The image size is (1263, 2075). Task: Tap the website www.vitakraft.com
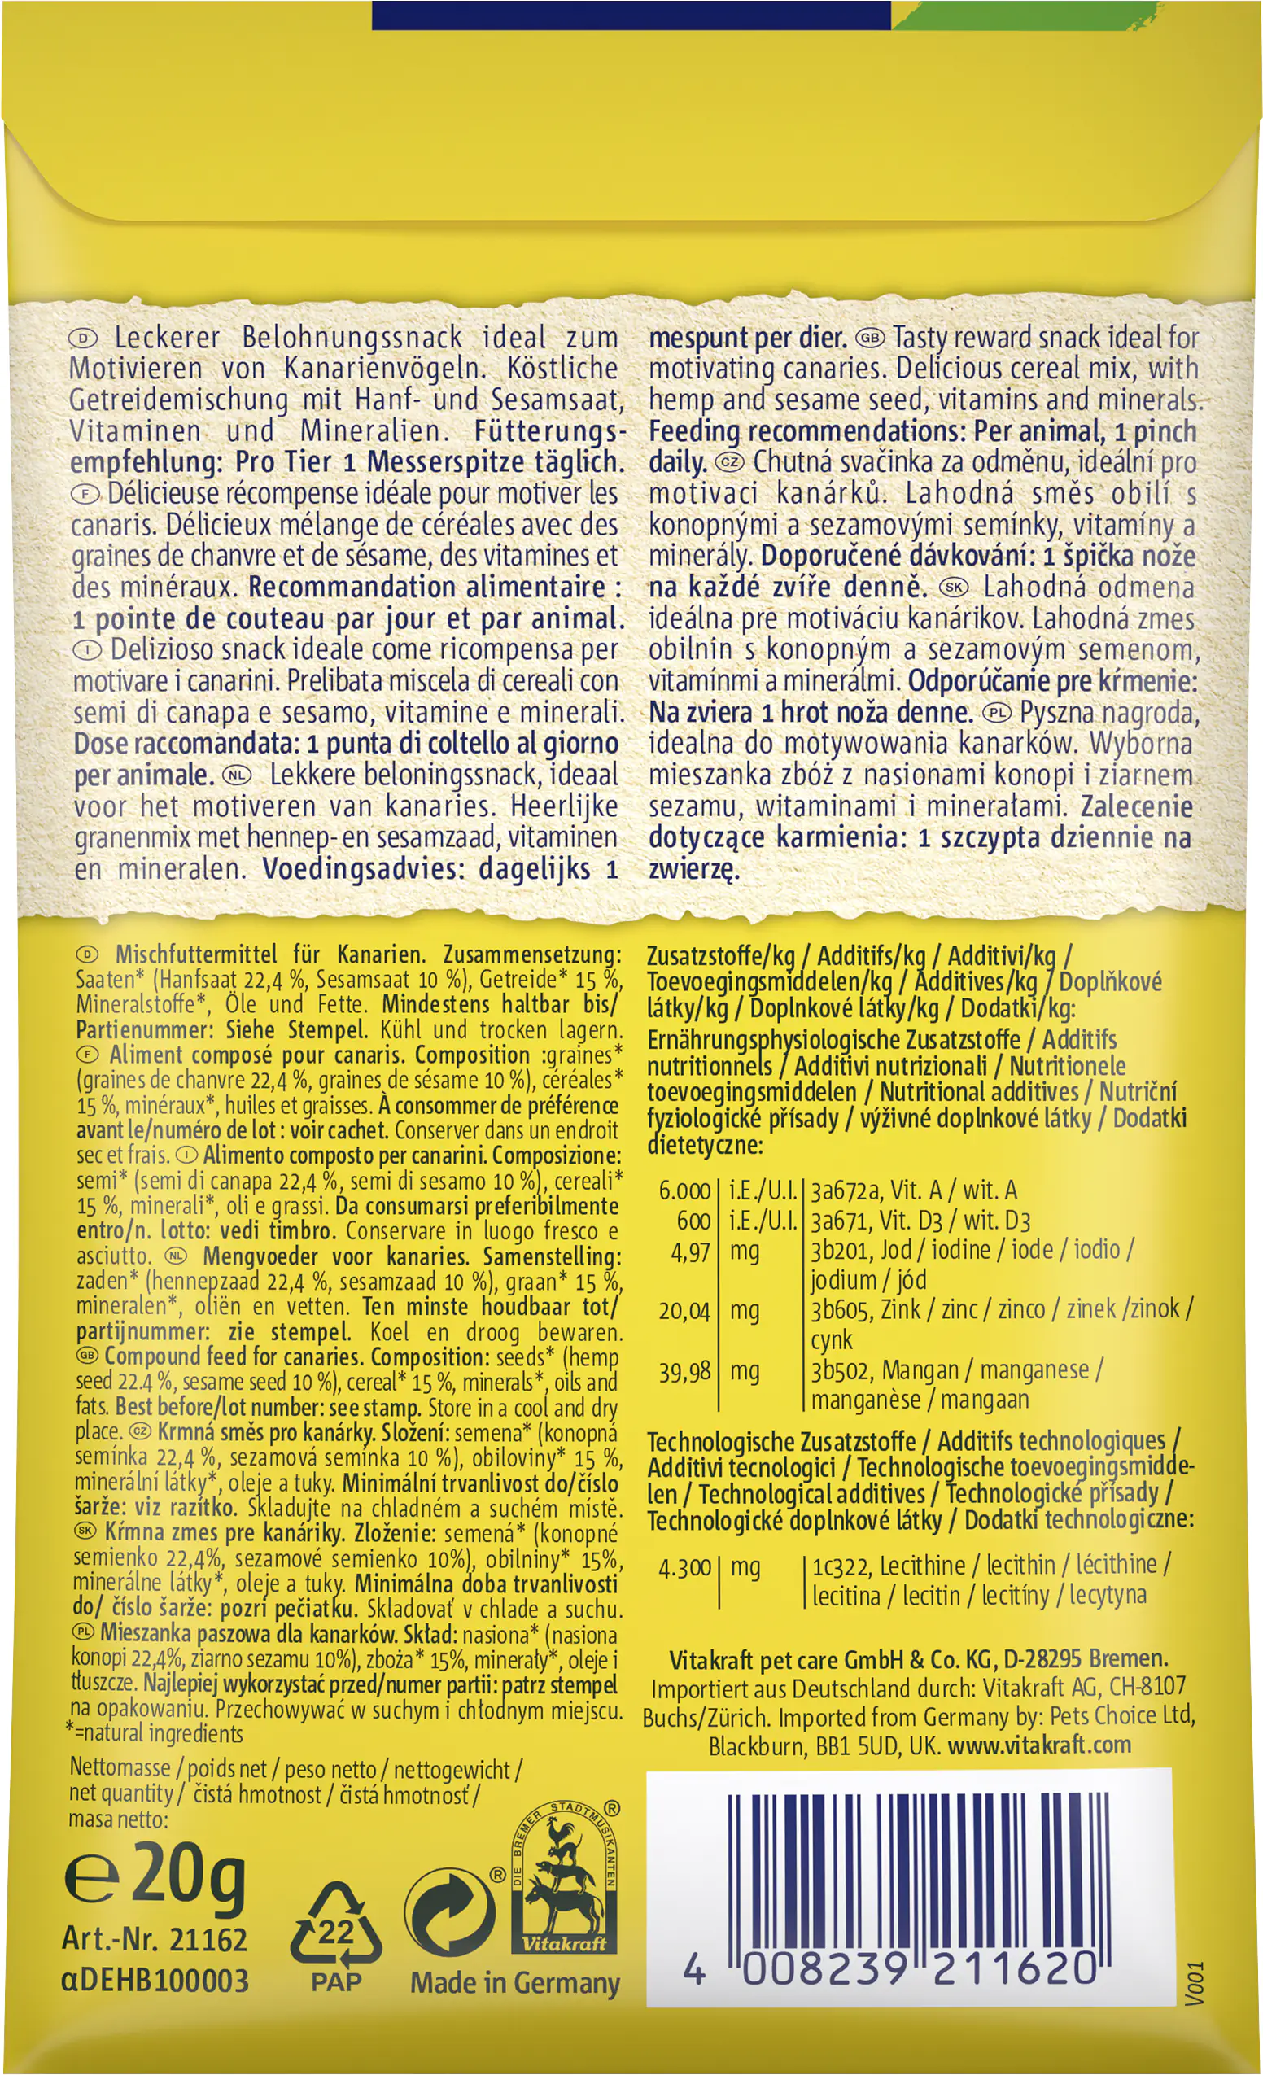pos(1039,1745)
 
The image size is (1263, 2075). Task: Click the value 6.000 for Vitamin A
pos(684,1190)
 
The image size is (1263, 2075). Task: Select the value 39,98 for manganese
pos(684,1372)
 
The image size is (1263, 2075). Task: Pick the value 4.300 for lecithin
pos(684,1568)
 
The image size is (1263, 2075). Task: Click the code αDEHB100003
pos(155,1981)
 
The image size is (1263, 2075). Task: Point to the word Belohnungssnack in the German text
pos(352,338)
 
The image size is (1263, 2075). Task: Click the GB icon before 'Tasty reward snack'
pos(870,339)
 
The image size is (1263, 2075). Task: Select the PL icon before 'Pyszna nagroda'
pos(997,714)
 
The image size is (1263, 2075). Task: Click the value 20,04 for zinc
pos(684,1311)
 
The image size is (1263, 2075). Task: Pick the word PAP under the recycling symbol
pos(335,1982)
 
